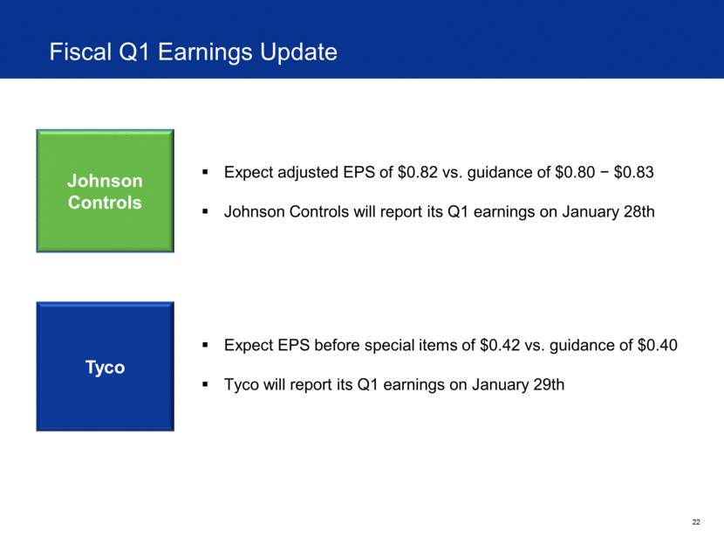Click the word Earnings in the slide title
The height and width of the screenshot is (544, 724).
206,52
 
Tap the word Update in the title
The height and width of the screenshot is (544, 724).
298,52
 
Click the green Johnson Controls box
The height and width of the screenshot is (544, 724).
106,191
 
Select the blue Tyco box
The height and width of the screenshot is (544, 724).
106,367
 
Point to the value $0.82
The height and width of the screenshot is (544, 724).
417,172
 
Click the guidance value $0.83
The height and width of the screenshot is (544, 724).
633,172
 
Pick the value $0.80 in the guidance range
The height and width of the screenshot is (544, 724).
575,172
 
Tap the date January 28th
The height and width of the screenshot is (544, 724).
608,211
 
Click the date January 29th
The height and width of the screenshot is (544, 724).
518,384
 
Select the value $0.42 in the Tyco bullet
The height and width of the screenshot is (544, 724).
500,345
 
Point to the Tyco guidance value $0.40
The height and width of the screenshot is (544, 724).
657,345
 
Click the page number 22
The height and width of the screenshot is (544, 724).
696,522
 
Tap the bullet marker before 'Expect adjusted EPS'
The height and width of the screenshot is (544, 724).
205,172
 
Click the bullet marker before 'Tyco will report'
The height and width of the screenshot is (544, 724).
205,384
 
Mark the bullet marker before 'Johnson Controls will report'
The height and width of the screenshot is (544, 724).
205,211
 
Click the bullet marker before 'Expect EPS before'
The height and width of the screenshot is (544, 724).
205,345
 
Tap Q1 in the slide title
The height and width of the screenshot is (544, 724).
135,52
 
